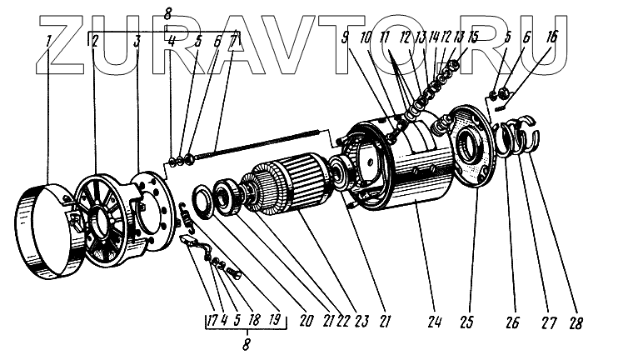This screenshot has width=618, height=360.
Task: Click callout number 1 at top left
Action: [x=49, y=39]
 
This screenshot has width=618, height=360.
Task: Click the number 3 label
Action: [x=137, y=39]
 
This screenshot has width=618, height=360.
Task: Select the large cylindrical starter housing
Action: [x=416, y=179]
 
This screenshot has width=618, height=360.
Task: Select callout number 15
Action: [x=473, y=38]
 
